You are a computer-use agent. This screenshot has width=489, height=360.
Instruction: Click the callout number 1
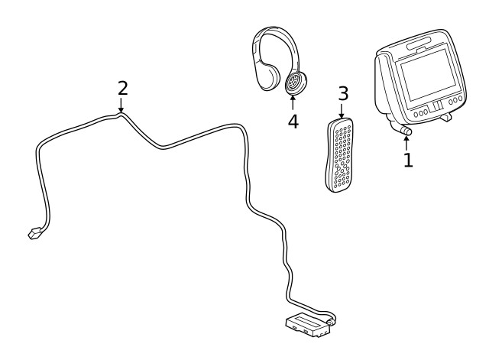coord(408,161)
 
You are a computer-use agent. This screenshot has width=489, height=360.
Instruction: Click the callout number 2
coord(122,88)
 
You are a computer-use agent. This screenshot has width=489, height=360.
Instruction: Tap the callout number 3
coord(343,94)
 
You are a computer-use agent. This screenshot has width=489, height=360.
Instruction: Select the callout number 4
coord(293,122)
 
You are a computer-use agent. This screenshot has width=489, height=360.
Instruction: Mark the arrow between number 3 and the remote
coord(342,111)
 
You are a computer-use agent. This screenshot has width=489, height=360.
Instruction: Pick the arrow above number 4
coord(293,103)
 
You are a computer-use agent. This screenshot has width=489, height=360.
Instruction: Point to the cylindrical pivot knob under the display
coord(405,131)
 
